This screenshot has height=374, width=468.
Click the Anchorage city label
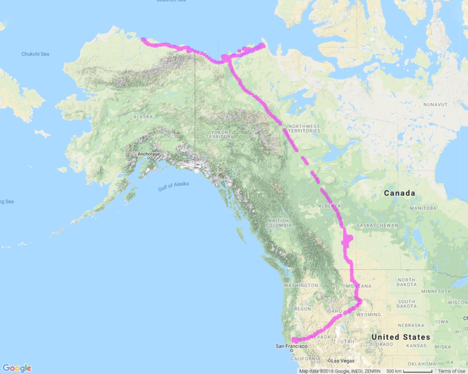(148, 154)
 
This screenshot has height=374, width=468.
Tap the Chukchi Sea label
(35, 54)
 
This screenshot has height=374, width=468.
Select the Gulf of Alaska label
(173, 186)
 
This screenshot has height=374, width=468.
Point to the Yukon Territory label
(220, 134)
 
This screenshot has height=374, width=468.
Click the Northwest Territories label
(304, 128)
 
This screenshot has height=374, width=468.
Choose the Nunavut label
(435, 105)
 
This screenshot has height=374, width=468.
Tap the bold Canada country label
(399, 193)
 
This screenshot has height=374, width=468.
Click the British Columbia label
(279, 223)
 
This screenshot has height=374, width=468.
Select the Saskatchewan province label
(377, 225)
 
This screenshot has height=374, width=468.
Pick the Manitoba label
(423, 208)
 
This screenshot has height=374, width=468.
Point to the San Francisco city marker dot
(292, 350)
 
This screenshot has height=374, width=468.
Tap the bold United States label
(401, 337)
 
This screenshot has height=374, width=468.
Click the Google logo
(17, 368)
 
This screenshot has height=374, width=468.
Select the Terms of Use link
(451, 371)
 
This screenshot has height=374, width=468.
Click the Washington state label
(301, 286)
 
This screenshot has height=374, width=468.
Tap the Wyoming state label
(368, 315)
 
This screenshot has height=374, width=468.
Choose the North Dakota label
(406, 282)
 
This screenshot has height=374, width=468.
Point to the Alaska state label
(143, 117)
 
